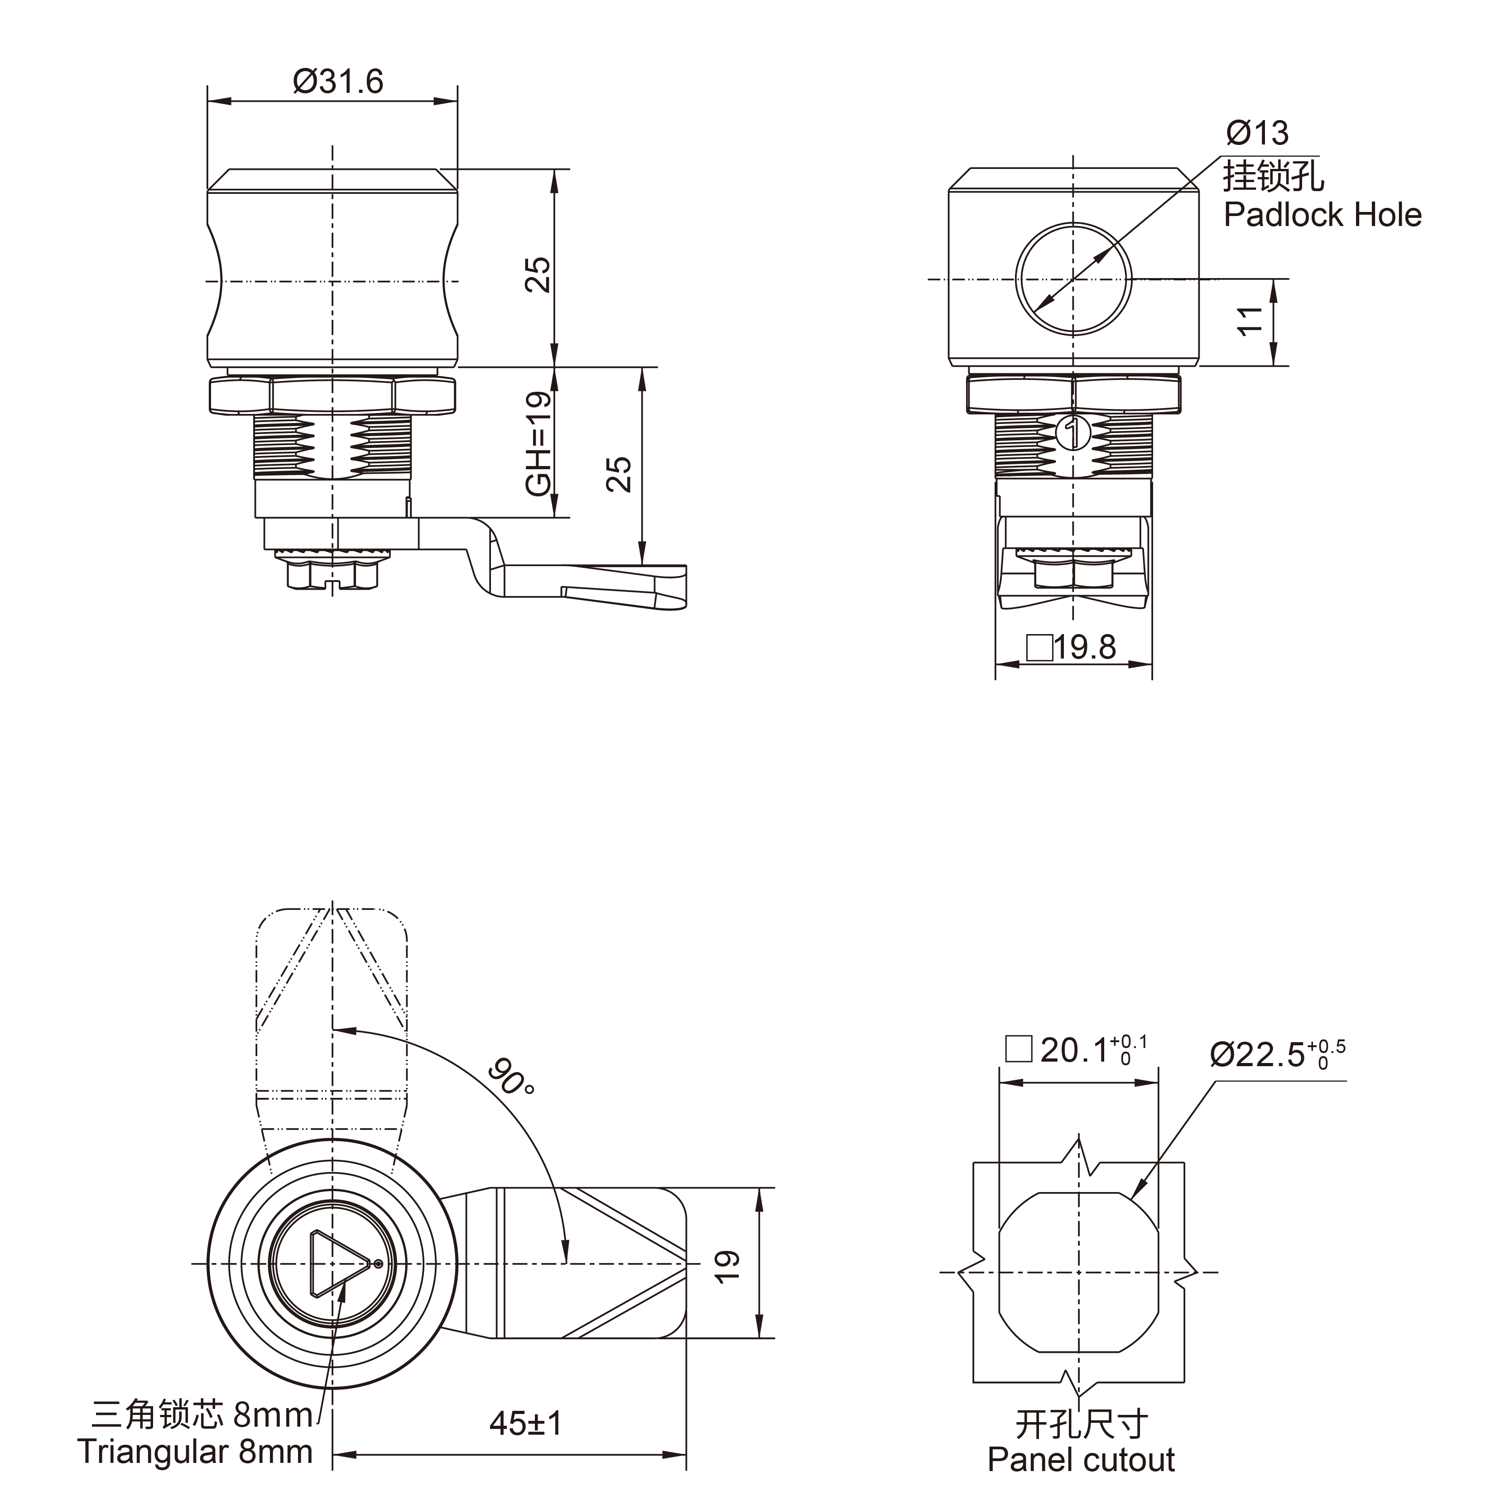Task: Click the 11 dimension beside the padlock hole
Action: point(1250,321)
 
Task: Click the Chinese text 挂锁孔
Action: point(1272,175)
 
